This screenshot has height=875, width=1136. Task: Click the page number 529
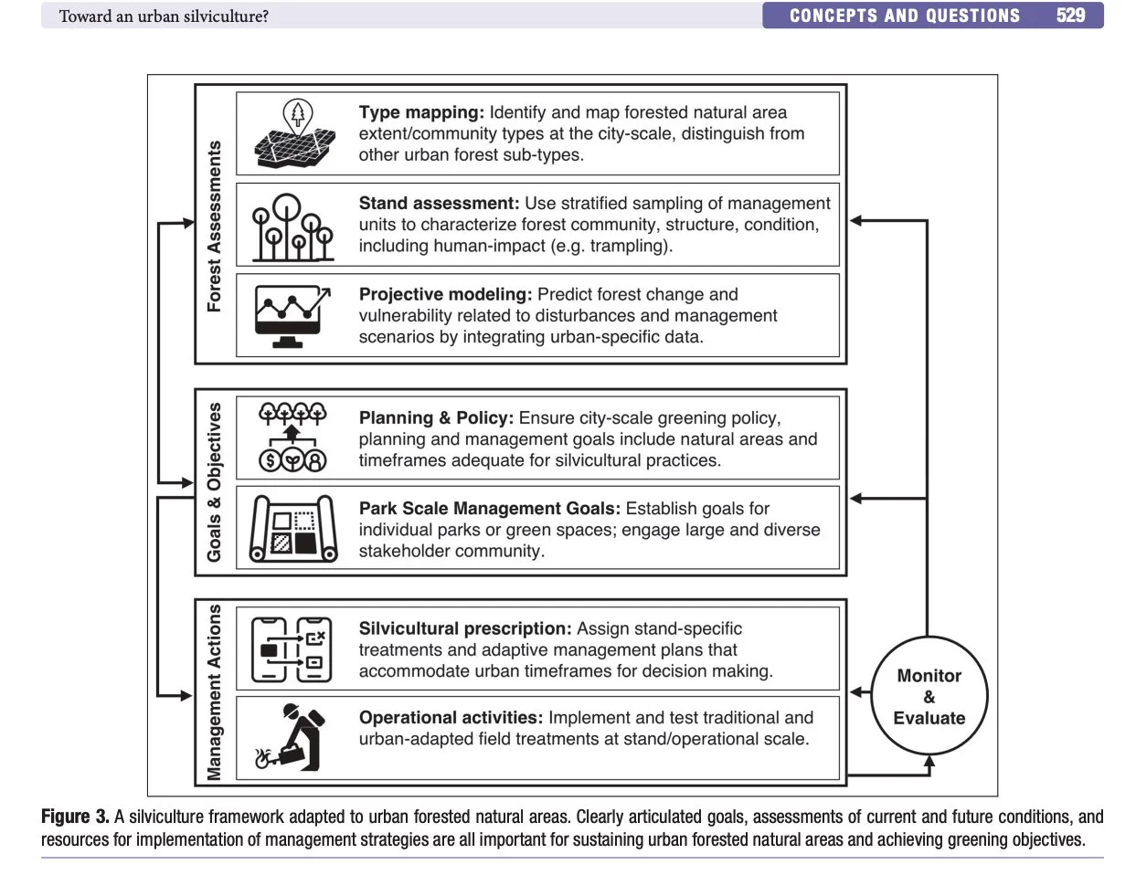click(1070, 16)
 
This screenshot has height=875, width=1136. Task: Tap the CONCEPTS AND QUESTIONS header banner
click(904, 16)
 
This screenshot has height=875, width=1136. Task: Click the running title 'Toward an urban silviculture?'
click(164, 16)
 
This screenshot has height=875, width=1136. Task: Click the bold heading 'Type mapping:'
click(421, 112)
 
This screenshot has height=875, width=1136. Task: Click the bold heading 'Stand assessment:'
click(439, 203)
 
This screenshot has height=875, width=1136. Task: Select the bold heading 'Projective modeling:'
click(445, 294)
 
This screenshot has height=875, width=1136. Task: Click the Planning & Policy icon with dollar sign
click(292, 437)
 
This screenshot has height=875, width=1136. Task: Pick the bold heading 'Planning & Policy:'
click(436, 417)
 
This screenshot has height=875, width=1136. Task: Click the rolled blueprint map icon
click(293, 529)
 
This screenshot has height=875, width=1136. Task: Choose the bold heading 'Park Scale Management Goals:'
click(489, 508)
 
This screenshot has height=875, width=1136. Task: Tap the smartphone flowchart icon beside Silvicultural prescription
click(292, 649)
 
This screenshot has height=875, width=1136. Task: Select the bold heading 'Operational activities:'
click(451, 718)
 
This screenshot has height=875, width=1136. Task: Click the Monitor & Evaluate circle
click(929, 696)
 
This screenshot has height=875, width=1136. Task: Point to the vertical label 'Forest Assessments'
click(215, 226)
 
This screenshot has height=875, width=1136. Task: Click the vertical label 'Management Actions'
click(215, 691)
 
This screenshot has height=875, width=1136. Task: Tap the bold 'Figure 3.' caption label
click(75, 817)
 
